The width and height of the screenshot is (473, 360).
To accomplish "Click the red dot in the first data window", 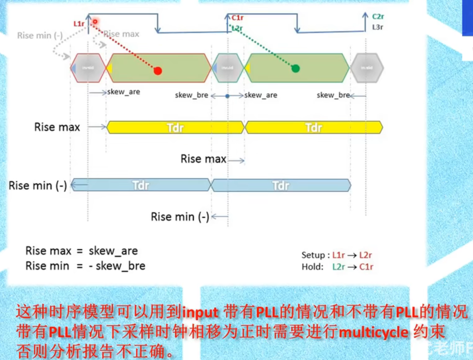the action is coord(158,71).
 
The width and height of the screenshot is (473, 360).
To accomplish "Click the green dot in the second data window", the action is coord(295,68).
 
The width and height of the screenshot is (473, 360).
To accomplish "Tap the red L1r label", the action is coord(79,24).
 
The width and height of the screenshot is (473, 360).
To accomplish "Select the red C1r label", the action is coord(237,18).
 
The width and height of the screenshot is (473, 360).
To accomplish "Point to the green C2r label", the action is coord(378,17).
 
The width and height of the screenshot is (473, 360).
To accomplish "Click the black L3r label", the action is coord(377,27).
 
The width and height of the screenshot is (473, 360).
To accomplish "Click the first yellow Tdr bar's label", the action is coord(175,127).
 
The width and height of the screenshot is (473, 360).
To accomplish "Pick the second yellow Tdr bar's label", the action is coord(313,127).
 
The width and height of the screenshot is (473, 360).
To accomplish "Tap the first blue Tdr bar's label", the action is coord(141,185).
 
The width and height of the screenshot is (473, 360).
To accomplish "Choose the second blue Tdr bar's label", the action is coord(281,185).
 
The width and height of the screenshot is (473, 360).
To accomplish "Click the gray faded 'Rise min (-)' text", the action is coord(40,36).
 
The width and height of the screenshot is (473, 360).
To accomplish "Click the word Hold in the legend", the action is coord(312,267).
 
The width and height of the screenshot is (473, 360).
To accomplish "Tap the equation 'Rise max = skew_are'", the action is coord(81,251).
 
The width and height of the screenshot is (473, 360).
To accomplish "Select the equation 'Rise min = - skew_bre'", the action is coord(85,266).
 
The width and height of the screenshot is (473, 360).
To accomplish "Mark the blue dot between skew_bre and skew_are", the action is coord(227,96).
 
